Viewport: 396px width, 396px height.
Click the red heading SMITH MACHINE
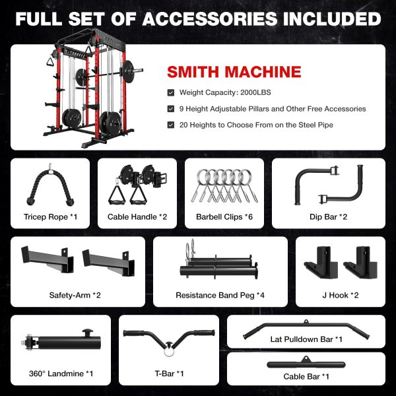click(x=234, y=72)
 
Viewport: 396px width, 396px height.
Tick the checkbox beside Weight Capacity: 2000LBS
click(x=171, y=92)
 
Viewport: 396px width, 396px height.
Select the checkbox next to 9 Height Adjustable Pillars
click(x=171, y=109)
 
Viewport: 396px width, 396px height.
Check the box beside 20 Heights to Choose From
click(x=171, y=125)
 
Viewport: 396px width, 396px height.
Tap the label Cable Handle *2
click(x=137, y=216)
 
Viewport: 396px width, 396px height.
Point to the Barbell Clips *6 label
click(x=224, y=216)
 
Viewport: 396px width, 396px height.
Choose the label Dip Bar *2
click(x=328, y=216)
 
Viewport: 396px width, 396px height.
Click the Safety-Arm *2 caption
click(x=75, y=295)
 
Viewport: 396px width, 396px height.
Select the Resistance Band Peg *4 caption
click(x=220, y=295)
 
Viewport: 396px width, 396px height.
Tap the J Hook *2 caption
click(x=340, y=295)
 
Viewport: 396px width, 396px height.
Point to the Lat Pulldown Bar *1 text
click(x=306, y=339)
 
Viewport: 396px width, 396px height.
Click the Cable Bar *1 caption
click(x=306, y=377)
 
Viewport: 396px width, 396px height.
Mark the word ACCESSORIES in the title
click(x=211, y=18)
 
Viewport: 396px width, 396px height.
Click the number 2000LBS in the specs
click(x=255, y=92)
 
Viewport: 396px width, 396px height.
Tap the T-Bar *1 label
click(x=169, y=374)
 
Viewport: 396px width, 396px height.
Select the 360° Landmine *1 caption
click(x=61, y=374)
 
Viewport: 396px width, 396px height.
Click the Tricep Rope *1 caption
click(x=50, y=216)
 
